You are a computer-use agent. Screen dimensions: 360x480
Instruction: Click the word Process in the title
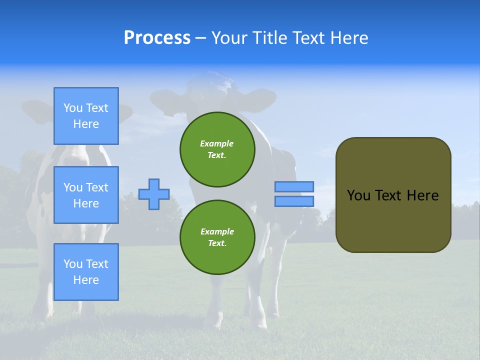(157, 38)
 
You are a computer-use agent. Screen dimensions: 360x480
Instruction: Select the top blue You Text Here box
(86, 116)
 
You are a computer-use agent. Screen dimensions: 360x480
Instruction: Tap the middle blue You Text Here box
(86, 195)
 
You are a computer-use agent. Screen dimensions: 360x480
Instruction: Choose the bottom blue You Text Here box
(86, 272)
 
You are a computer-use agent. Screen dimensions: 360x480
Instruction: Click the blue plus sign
(154, 194)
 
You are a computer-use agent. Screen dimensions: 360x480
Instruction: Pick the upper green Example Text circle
(217, 149)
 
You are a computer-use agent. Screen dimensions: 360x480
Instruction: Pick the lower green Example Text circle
(217, 237)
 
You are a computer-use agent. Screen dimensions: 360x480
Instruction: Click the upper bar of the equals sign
(294, 186)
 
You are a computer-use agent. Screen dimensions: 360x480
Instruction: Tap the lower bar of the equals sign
(294, 201)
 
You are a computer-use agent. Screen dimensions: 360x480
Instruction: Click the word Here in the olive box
(422, 195)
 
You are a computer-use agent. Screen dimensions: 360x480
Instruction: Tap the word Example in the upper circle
(217, 143)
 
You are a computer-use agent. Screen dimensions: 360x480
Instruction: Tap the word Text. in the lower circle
(217, 243)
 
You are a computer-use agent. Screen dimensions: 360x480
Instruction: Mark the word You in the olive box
(358, 195)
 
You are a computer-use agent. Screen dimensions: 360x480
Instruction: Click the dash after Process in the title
(200, 38)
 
